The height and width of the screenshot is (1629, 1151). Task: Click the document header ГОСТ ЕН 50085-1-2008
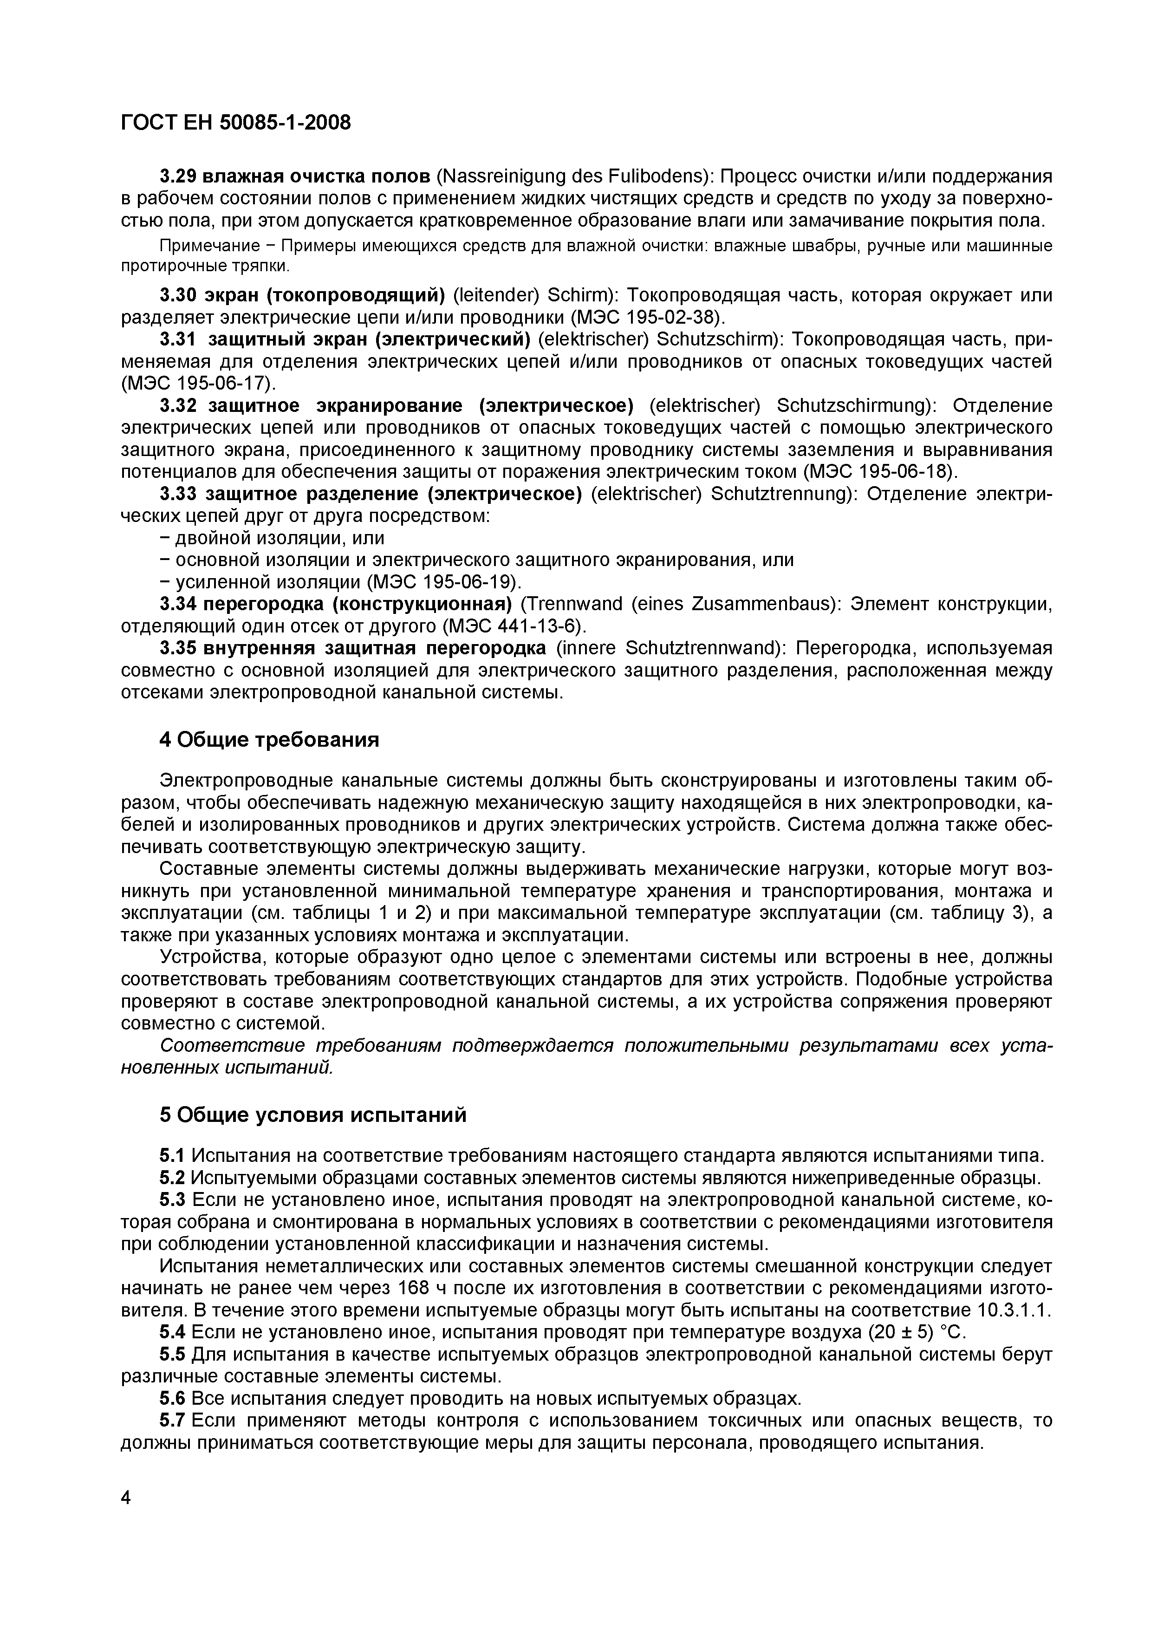(235, 124)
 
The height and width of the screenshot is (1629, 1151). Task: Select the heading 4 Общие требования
(269, 740)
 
